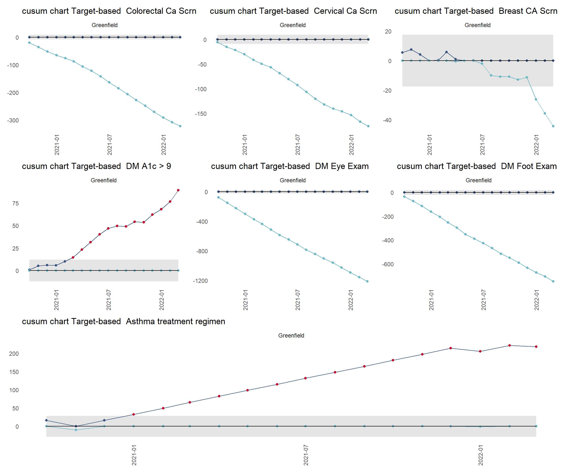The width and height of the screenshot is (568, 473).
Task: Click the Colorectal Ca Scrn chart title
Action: (109, 11)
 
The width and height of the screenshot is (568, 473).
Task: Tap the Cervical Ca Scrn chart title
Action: (293, 11)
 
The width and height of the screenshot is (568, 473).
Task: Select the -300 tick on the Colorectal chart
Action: (13, 120)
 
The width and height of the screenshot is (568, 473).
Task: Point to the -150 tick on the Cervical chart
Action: (201, 114)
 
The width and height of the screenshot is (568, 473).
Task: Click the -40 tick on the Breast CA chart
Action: (387, 120)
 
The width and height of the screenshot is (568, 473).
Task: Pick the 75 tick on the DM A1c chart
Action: (16, 203)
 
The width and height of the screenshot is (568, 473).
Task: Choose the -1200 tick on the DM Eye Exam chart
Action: (200, 281)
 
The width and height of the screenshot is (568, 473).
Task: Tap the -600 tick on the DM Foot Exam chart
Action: (388, 264)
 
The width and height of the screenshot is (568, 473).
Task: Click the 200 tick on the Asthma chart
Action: (14, 354)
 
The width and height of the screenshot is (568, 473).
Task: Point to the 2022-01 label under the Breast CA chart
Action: (536, 145)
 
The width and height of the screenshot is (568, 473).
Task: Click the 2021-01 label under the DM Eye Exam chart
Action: (245, 300)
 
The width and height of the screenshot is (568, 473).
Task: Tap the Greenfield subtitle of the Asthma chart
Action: (291, 336)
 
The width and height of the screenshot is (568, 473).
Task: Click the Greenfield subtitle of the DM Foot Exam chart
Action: (478, 180)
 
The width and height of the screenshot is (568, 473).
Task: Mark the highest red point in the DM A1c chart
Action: (178, 190)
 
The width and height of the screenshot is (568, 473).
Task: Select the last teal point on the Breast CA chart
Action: (553, 126)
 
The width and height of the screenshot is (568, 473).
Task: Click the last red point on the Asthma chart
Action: (536, 347)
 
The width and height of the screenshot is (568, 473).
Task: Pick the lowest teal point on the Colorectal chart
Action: (180, 126)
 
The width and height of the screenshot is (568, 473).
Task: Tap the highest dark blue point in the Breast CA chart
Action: (411, 50)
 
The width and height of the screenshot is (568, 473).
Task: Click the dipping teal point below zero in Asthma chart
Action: (76, 430)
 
